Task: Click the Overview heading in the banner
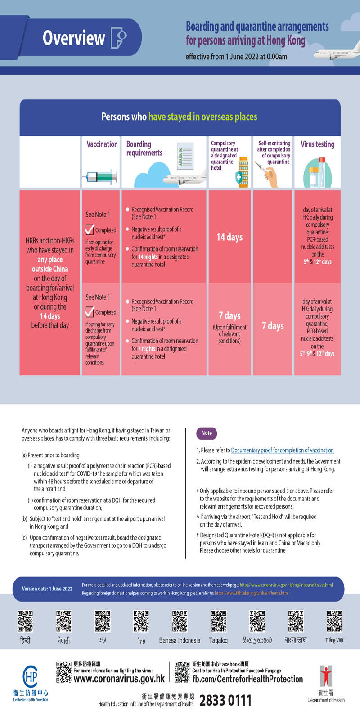74,38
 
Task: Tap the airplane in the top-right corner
338,53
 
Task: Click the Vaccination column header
102,144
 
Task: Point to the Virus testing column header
317,144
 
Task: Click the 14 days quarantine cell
229,237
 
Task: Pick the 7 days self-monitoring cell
273,326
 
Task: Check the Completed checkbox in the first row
90,229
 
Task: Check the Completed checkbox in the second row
90,311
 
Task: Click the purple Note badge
207,433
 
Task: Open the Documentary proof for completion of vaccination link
282,450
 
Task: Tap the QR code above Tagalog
218,621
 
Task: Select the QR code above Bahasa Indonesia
180,621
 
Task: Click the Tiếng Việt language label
334,640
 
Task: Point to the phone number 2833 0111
225,700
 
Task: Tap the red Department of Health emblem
326,676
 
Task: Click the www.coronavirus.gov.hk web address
119,679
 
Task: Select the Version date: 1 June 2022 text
47,589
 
